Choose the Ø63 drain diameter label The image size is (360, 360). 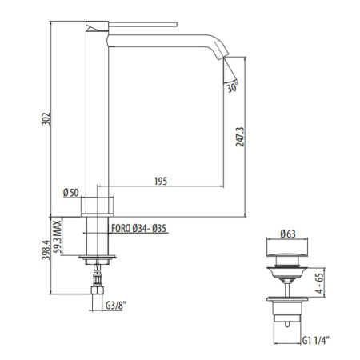tap(289, 234)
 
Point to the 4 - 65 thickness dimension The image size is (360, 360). tap(319, 285)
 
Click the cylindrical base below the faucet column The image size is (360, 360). tap(98, 206)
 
